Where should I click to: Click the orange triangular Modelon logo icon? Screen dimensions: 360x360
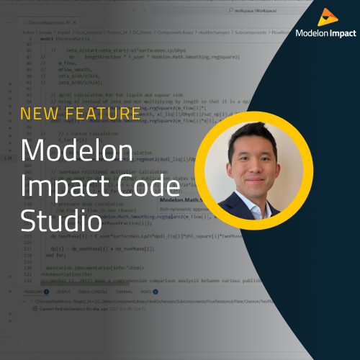pyautogui.click(x=325, y=16)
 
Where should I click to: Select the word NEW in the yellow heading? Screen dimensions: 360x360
pyautogui.click(x=39, y=113)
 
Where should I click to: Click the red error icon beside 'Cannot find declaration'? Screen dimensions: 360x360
pyautogui.click(x=35, y=308)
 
